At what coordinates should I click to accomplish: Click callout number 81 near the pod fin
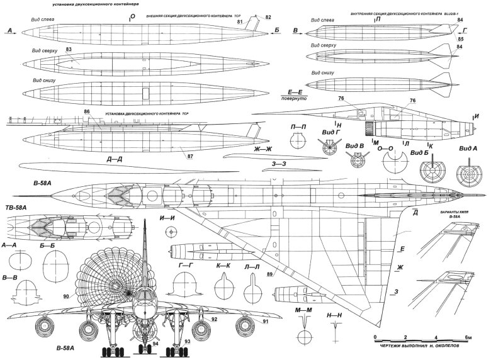click(240, 22)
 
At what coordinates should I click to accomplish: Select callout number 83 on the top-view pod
click(67, 50)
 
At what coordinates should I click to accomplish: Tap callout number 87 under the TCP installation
click(191, 153)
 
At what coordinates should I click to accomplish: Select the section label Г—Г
click(185, 266)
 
